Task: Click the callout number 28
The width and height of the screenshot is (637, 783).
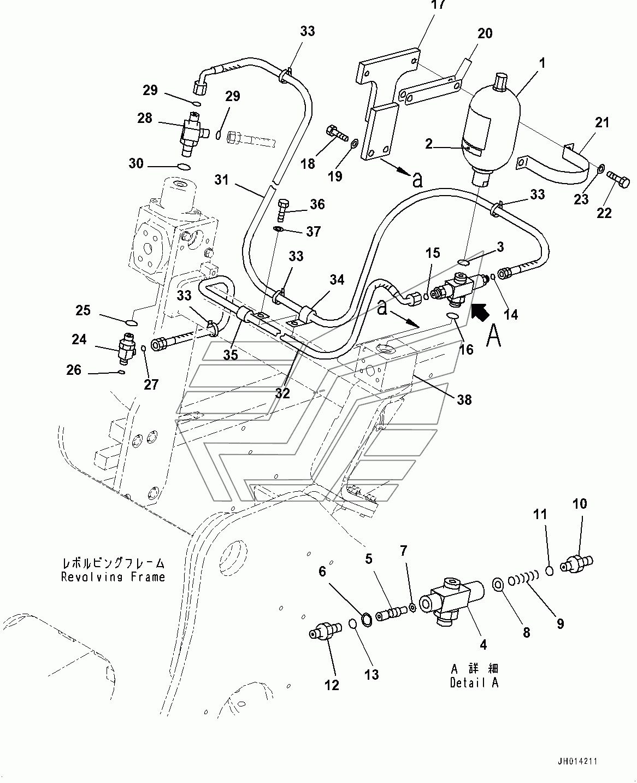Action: pos(145,118)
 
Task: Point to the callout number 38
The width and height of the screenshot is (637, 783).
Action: pos(464,399)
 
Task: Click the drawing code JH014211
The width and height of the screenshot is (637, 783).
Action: pos(577,761)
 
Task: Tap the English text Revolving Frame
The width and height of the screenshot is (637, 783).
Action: pos(113,577)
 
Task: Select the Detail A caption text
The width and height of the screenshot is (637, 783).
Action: pos(474,683)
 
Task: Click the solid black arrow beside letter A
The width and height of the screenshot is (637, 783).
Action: pos(480,314)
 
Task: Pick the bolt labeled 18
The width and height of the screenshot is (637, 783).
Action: pos(337,134)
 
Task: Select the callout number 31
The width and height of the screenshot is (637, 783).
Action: pos(222,180)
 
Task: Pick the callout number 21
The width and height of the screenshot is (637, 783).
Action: pos(603,122)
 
